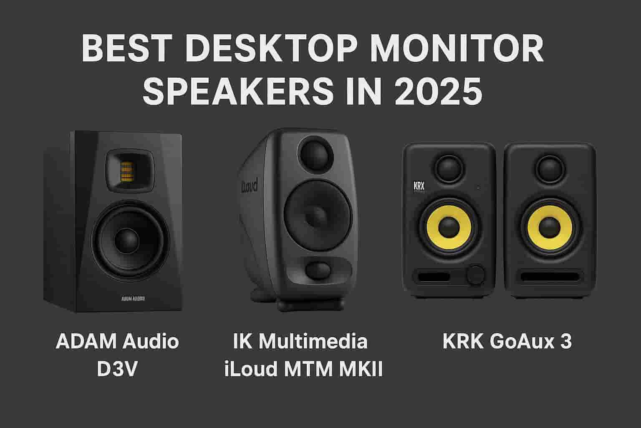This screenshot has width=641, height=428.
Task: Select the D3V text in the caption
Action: tap(117, 369)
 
